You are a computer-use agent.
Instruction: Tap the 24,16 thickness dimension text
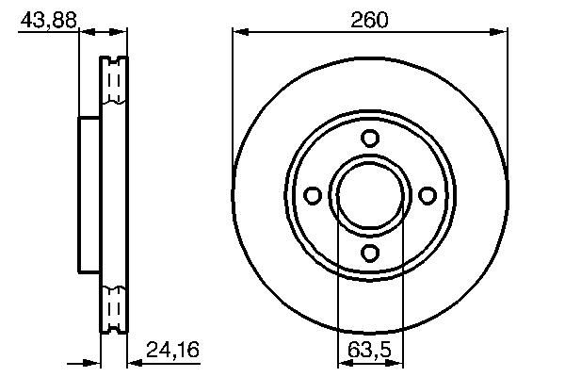click(x=172, y=352)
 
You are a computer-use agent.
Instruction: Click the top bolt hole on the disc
click(x=370, y=139)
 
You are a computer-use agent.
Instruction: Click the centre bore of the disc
click(x=370, y=195)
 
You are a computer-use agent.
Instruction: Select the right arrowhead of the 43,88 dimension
click(x=121, y=33)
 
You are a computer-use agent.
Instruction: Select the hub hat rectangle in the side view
click(x=89, y=195)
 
